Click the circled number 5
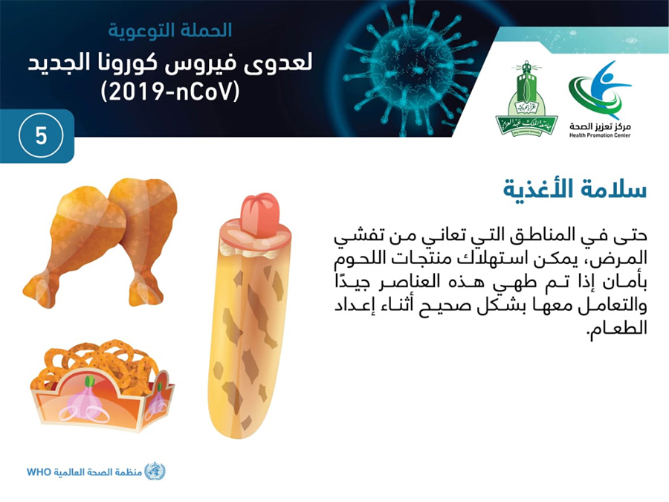coord(41,136)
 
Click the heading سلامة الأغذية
coord(575,188)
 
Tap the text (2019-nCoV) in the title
coord(169,91)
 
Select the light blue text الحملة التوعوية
coord(169,30)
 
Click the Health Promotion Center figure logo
coord(600,90)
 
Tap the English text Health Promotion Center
coord(599,135)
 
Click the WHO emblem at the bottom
coord(155,472)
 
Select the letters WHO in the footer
coord(39,472)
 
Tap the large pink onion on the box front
coord(88,400)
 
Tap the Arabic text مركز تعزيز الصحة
coord(600,126)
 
